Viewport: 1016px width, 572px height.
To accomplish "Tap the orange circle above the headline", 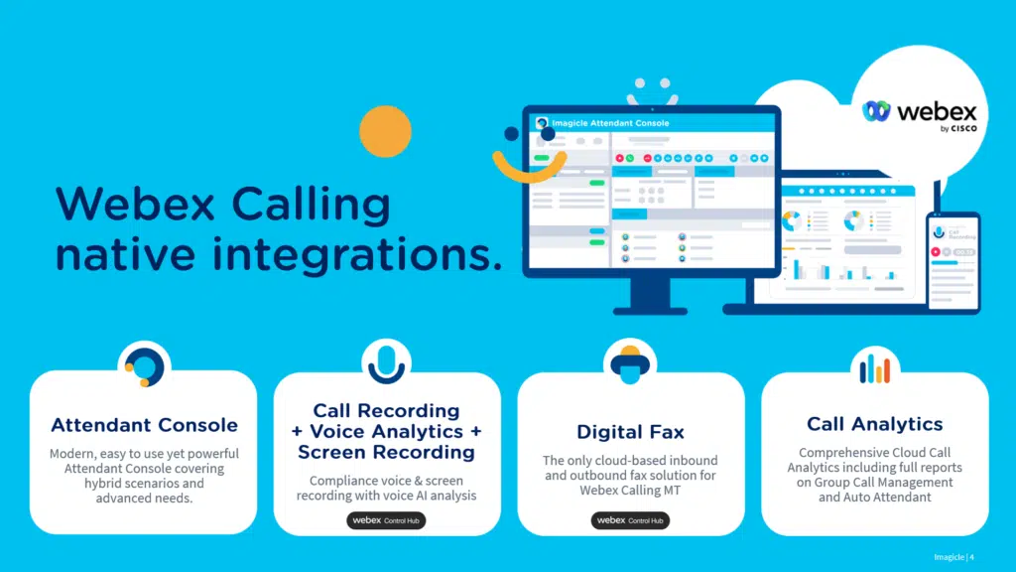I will [x=385, y=131].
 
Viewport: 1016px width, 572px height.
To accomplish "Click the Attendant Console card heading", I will [x=144, y=425].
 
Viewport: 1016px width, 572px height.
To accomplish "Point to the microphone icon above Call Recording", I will [x=387, y=362].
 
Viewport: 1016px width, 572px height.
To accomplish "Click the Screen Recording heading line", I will [x=387, y=452].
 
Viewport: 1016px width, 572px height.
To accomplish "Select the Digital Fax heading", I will [x=630, y=432].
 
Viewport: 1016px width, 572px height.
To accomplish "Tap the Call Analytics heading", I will [x=874, y=424].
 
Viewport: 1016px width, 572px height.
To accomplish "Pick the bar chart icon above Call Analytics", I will [x=874, y=368].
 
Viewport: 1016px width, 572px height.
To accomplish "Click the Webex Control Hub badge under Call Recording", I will [x=386, y=520].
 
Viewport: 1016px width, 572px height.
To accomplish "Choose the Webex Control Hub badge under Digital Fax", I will [x=630, y=520].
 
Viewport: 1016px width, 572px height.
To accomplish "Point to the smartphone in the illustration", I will [x=952, y=260].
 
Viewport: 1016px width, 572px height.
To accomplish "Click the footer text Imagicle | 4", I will [x=954, y=556].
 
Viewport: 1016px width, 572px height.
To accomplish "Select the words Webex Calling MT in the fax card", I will [x=631, y=491].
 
